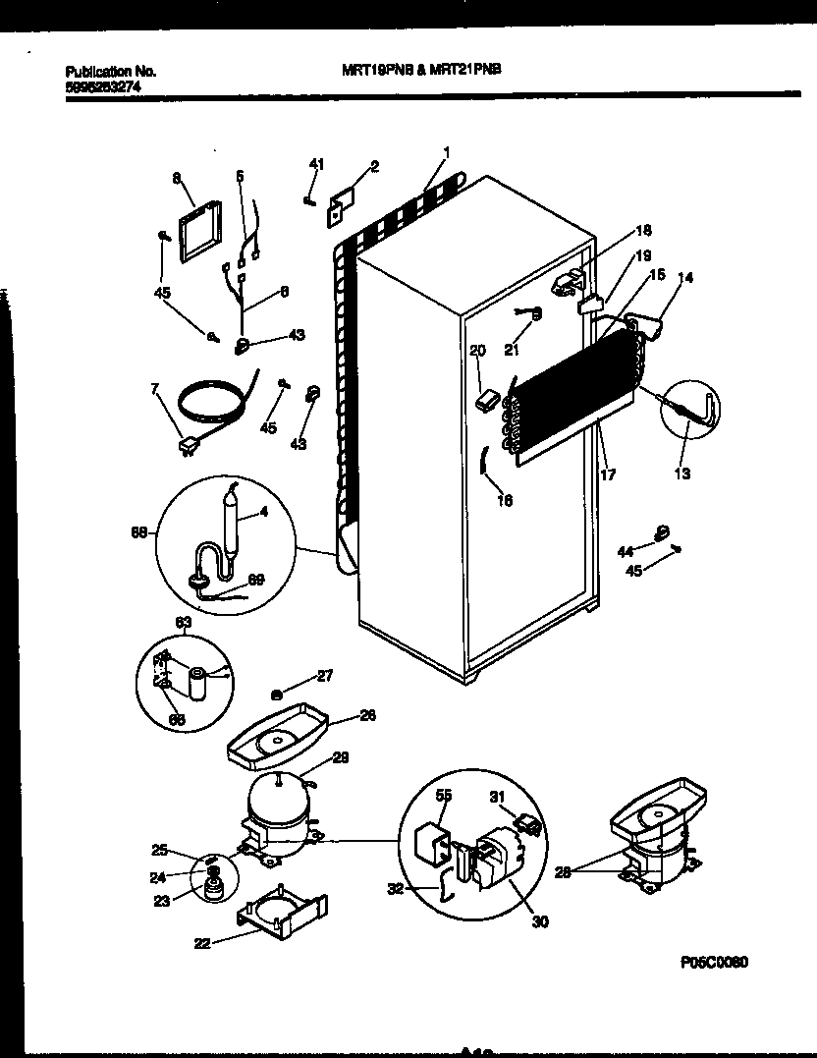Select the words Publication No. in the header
point(110,72)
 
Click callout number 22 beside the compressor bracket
point(201,944)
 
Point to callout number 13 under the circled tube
point(681,474)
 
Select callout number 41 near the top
point(316,163)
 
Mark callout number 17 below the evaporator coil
point(608,474)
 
